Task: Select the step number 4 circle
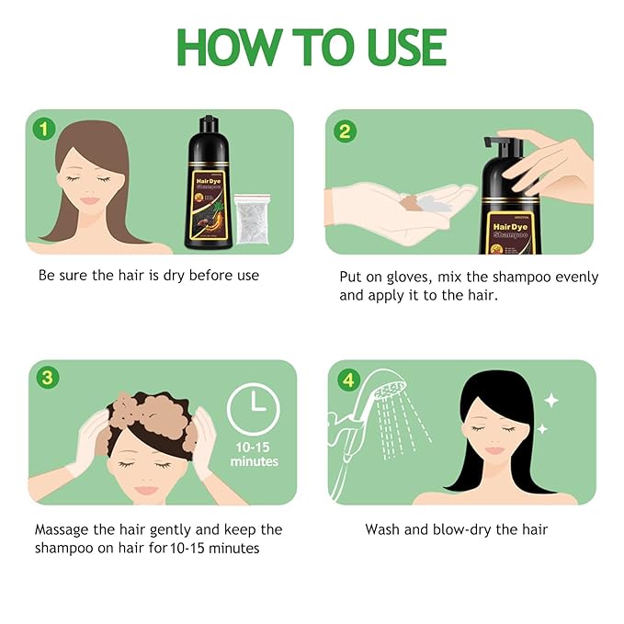(x=345, y=379)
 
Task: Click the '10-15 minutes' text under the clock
(x=255, y=454)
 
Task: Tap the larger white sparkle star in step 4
(x=550, y=401)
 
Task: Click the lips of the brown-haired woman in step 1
(x=90, y=200)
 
